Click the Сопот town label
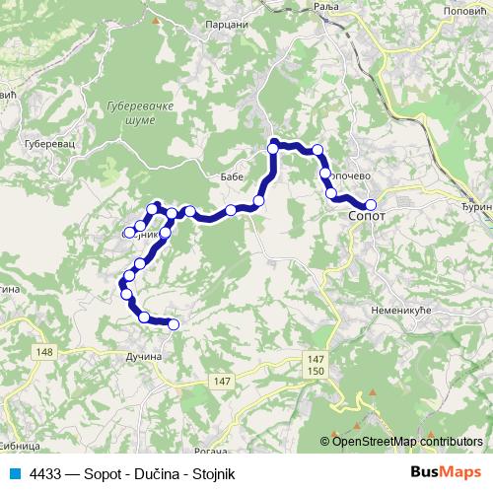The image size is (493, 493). click(368, 214)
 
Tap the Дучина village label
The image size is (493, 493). click(145, 356)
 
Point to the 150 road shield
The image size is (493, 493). click(316, 370)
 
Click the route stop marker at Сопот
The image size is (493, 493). click(371, 205)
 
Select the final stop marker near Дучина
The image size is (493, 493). click(174, 324)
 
